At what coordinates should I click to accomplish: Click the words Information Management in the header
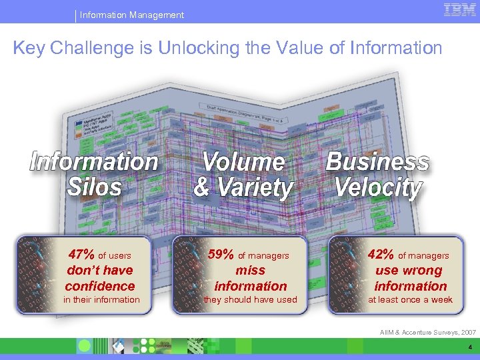click(x=131, y=15)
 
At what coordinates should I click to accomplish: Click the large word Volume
click(x=243, y=162)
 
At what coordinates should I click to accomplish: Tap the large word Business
click(x=377, y=162)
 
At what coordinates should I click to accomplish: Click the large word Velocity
click(x=378, y=187)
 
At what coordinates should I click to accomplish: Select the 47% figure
click(x=82, y=254)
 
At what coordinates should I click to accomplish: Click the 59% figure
click(x=221, y=254)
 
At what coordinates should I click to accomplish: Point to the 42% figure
click(x=381, y=254)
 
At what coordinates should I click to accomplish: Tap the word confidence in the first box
click(x=100, y=286)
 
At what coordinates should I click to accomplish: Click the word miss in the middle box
click(x=250, y=270)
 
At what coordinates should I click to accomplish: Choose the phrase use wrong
click(x=409, y=270)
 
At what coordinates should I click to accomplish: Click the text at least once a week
click(x=410, y=300)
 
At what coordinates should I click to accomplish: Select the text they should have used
click(x=250, y=300)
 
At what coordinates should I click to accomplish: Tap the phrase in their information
click(x=101, y=300)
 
